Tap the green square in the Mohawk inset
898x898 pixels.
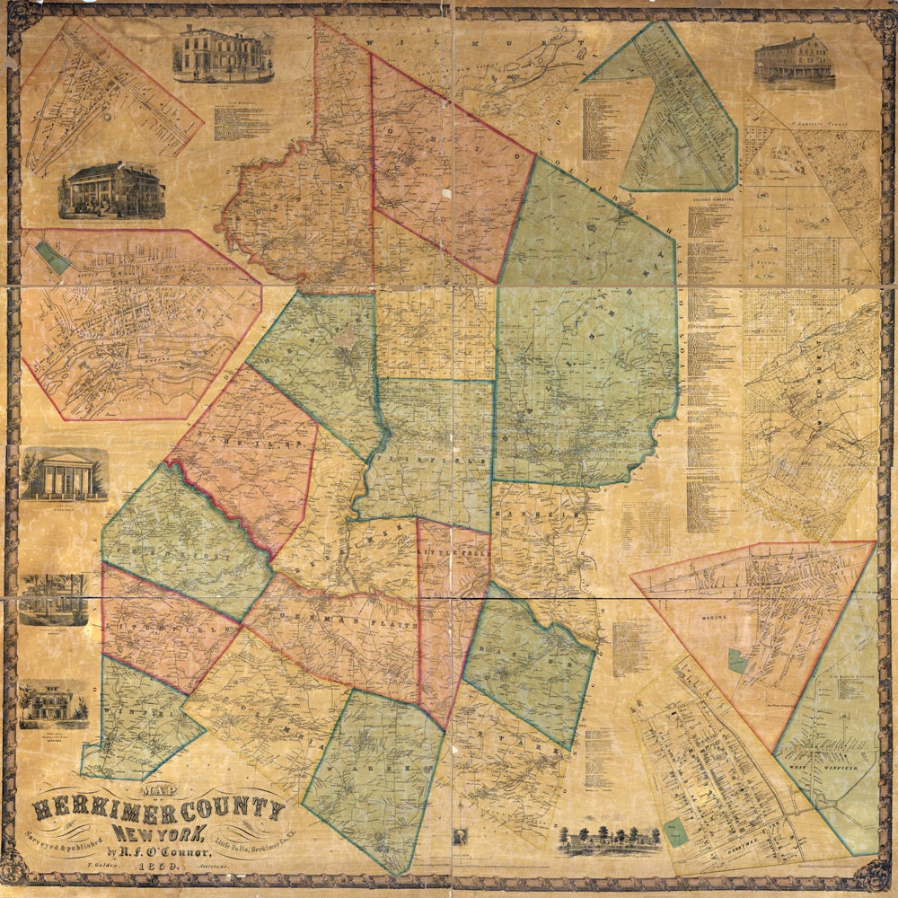[x=737, y=662]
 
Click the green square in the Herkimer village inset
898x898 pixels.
[x=675, y=832]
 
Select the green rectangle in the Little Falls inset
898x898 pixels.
[x=55, y=260]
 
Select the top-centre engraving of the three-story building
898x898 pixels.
[x=222, y=54]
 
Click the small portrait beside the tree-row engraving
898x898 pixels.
[x=461, y=837]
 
